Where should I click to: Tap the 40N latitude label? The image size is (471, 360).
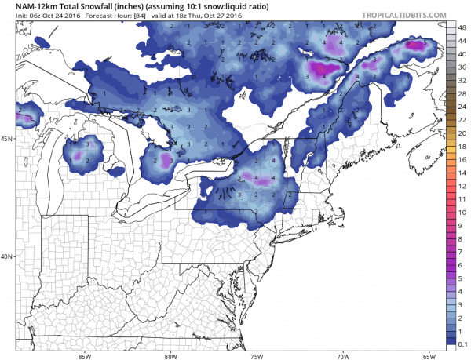(x=7, y=256)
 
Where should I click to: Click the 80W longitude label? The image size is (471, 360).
(x=170, y=354)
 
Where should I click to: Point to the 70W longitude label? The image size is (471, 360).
(x=343, y=354)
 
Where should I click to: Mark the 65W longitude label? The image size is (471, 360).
(x=429, y=354)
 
